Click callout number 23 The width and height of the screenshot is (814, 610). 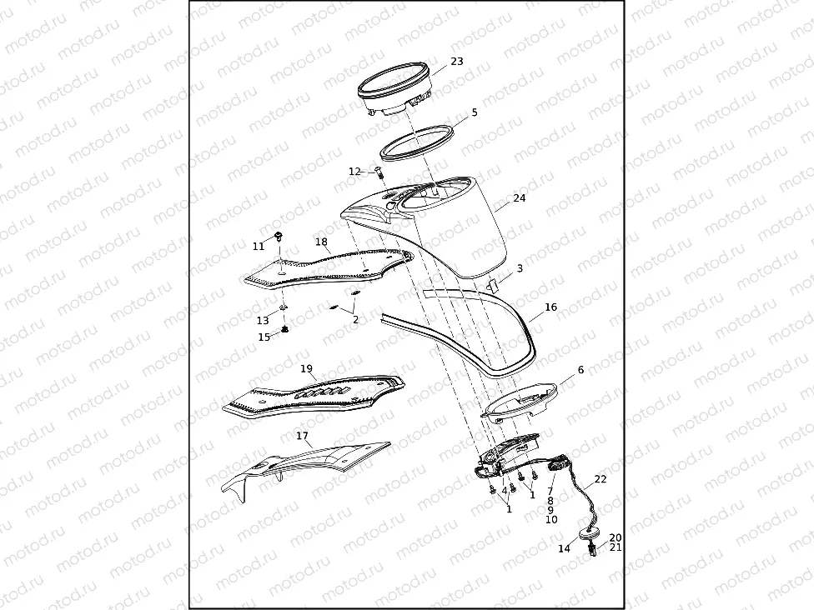[x=456, y=62]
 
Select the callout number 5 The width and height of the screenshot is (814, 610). [x=475, y=112]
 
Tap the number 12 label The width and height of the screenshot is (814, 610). [x=354, y=172]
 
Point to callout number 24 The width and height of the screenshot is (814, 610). [x=520, y=198]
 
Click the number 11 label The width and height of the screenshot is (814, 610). [x=259, y=246]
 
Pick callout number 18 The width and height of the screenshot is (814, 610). [x=321, y=242]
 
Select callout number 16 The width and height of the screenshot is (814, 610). [x=550, y=307]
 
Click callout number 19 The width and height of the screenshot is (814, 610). [x=306, y=368]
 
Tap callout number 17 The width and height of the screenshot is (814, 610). [x=302, y=436]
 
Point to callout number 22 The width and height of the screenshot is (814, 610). [x=600, y=480]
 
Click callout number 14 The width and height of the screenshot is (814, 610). [x=564, y=549]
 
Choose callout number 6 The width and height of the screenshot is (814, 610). [x=580, y=369]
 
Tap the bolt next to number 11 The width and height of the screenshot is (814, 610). [x=279, y=238]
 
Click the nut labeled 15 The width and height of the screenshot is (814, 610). [x=285, y=332]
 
